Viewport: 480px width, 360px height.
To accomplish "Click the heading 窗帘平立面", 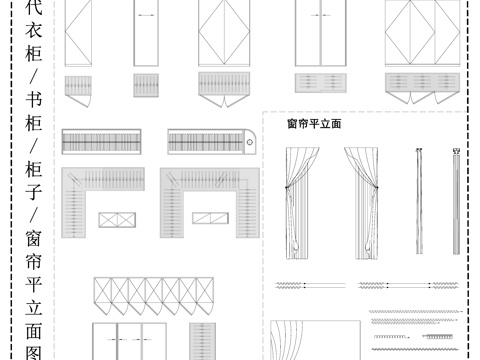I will [x=314, y=124].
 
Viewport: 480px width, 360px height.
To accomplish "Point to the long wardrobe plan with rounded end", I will [x=213, y=142].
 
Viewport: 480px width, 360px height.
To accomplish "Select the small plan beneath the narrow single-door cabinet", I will [x=147, y=84].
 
